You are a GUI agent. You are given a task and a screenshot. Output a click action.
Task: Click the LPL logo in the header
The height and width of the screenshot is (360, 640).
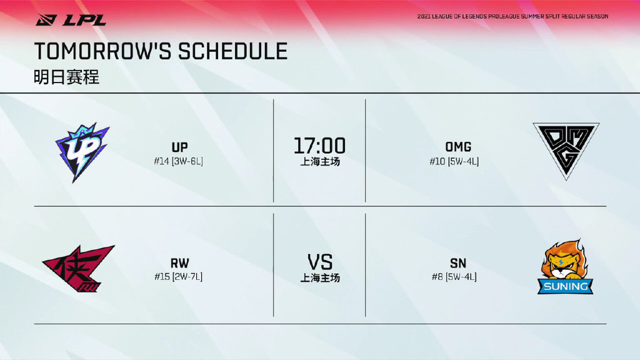pyautogui.click(x=71, y=20)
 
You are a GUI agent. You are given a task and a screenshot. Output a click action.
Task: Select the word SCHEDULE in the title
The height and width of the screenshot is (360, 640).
pyautogui.click(x=232, y=51)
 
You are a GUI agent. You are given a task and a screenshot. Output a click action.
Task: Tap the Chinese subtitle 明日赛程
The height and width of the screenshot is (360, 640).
pyautogui.click(x=66, y=77)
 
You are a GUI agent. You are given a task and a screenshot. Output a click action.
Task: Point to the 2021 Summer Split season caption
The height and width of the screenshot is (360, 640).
pyautogui.click(x=512, y=16)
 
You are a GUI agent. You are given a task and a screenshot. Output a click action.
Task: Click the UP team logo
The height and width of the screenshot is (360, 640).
pyautogui.click(x=82, y=152)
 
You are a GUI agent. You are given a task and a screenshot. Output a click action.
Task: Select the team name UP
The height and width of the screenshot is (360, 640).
pyautogui.click(x=179, y=147)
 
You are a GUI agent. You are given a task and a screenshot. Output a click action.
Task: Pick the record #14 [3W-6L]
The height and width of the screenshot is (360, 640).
pyautogui.click(x=178, y=161)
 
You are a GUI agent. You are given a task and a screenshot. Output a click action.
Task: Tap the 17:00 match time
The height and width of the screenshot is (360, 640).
pyautogui.click(x=319, y=146)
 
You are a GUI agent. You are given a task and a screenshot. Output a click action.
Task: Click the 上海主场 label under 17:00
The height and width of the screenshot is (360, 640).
pyautogui.click(x=320, y=162)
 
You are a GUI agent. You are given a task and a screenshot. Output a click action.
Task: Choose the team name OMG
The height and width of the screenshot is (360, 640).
pyautogui.click(x=458, y=147)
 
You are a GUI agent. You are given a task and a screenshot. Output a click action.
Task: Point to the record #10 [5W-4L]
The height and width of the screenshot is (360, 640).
pyautogui.click(x=454, y=162)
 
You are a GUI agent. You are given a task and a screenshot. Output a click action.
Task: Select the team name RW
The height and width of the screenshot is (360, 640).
pyautogui.click(x=179, y=263)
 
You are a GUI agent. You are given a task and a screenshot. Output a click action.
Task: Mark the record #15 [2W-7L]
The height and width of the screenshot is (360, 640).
pyautogui.click(x=178, y=277)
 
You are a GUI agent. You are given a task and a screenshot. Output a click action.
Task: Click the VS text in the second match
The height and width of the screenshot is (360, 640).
pyautogui.click(x=320, y=262)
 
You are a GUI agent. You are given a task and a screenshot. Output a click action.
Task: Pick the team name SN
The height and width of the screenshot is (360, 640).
pyautogui.click(x=458, y=263)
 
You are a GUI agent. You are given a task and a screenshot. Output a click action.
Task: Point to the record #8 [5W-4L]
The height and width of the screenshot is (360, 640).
pyautogui.click(x=454, y=277)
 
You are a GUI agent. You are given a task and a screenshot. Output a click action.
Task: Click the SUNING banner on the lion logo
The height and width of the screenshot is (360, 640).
pyautogui.click(x=565, y=286)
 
